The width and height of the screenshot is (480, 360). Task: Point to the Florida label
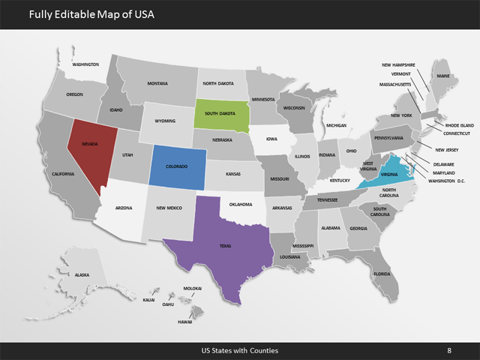(x=382, y=274)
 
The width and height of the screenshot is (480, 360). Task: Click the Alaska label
(x=82, y=275)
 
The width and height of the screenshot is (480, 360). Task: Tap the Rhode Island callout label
(x=460, y=125)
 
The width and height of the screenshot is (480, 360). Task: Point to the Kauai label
(x=148, y=300)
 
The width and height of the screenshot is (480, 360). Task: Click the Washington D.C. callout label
(x=447, y=181)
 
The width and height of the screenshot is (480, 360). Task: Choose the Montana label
(x=157, y=83)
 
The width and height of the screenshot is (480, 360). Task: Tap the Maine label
(x=443, y=76)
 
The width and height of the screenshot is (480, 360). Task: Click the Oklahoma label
(x=241, y=204)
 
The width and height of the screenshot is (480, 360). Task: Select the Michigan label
(x=336, y=125)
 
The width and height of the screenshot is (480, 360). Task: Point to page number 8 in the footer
(x=448, y=350)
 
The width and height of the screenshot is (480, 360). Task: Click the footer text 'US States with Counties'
(x=240, y=350)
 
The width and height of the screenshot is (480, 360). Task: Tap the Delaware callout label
(x=443, y=164)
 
